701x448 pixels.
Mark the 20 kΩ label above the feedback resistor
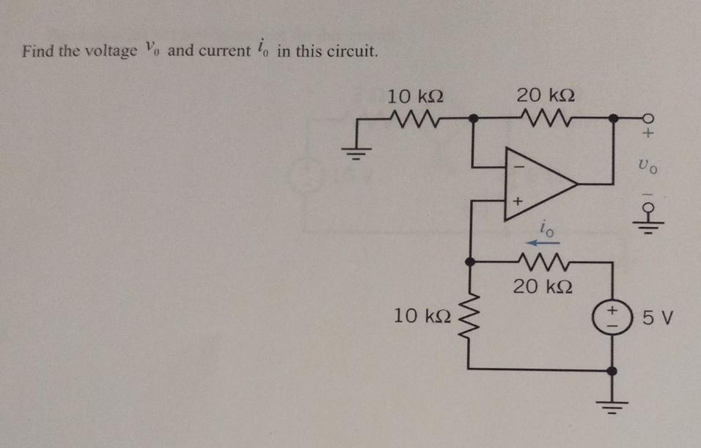545,94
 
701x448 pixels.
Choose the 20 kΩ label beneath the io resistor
541,286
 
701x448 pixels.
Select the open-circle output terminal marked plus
647,118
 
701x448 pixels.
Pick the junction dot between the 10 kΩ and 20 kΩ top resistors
473,117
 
